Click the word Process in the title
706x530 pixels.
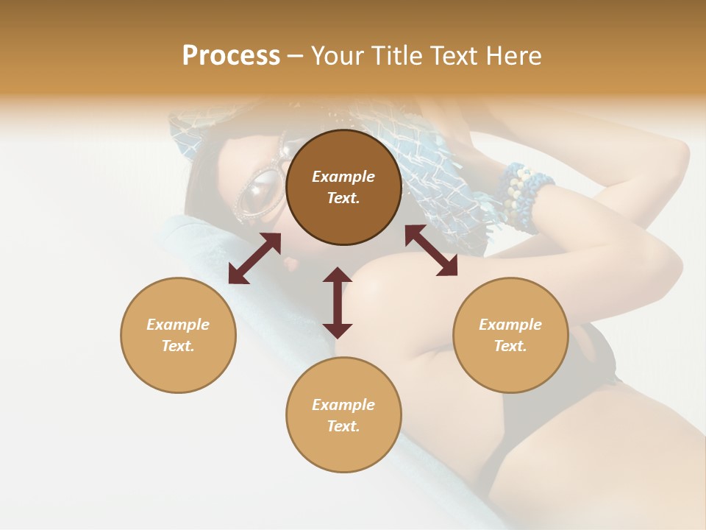coord(231,56)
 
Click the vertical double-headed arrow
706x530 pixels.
coord(338,303)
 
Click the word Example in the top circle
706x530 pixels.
coord(343,177)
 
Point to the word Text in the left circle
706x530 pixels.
coord(177,346)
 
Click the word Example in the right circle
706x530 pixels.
coord(510,325)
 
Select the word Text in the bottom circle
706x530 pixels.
coord(343,426)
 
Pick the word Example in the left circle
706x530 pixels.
coord(178,325)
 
